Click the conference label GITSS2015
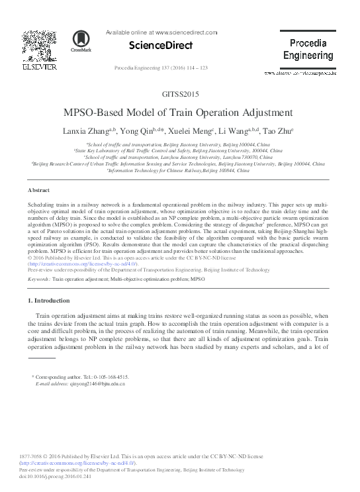pyautogui.click(x=180, y=94)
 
